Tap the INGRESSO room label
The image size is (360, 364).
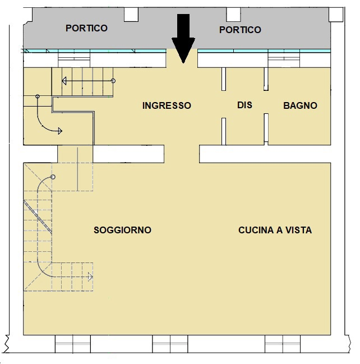(167, 105)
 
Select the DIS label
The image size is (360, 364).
(244, 105)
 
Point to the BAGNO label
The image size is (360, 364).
(300, 105)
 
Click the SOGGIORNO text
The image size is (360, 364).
(122, 230)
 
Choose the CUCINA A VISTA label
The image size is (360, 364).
(275, 230)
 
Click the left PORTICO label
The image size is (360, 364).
(86, 28)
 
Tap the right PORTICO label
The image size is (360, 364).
(240, 30)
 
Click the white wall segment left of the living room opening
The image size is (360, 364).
(128, 154)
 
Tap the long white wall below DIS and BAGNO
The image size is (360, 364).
(265, 154)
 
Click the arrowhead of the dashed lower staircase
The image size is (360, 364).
(90, 277)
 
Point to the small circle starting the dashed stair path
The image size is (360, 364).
(53, 177)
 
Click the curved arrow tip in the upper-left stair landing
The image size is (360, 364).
(59, 131)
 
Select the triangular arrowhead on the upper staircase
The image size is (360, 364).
(64, 81)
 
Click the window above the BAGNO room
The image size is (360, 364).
(284, 58)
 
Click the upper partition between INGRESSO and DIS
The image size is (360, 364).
(223, 79)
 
